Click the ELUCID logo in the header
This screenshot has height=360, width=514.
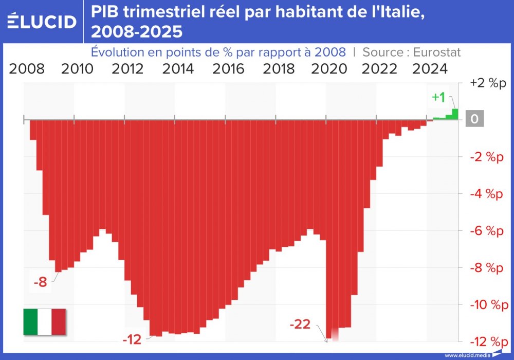[x=42, y=21]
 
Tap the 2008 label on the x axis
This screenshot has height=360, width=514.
[x=27, y=69]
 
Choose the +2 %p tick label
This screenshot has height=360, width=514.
[x=485, y=83]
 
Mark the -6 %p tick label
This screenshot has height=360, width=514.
[x=485, y=231]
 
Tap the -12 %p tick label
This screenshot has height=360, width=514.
[x=485, y=341]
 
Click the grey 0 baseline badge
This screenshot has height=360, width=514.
[x=474, y=119]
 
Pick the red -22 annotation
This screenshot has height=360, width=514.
[x=300, y=325]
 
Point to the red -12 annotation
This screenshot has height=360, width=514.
[x=132, y=339]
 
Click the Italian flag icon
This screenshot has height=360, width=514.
[x=45, y=322]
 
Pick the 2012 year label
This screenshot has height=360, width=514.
[x=127, y=69]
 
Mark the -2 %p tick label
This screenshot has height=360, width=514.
[x=485, y=157]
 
